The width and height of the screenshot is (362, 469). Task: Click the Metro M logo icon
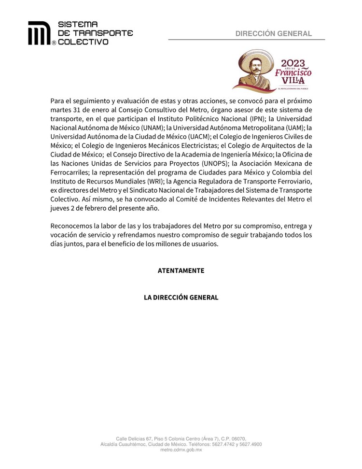(x=39, y=33)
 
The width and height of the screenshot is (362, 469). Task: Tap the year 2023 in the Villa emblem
(x=293, y=63)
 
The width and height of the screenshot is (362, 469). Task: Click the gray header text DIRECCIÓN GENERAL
(x=273, y=33)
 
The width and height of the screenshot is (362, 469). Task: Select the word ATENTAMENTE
(x=181, y=270)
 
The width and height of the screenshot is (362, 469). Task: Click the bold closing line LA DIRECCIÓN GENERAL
(x=181, y=298)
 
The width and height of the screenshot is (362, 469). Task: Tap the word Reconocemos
(x=73, y=226)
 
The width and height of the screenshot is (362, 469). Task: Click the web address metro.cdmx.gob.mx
(x=181, y=450)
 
